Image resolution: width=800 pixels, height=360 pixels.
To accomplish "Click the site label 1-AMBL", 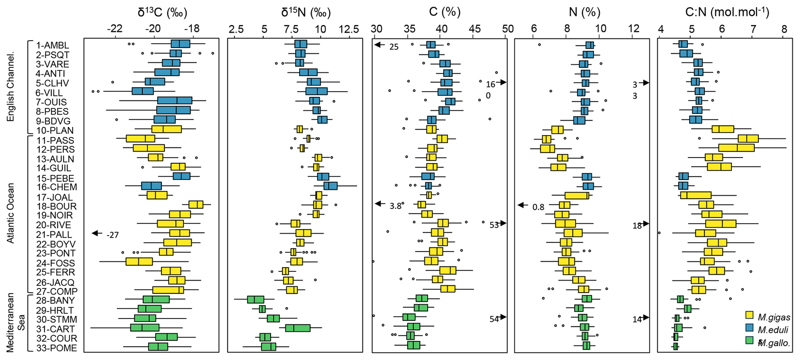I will (x=52, y=45).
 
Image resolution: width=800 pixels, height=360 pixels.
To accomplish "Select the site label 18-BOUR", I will (x=57, y=206).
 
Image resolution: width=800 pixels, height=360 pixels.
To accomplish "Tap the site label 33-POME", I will (x=57, y=348).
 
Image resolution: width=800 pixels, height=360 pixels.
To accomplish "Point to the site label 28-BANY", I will (x=55, y=300).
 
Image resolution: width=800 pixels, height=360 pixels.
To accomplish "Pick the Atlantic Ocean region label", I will (x=10, y=213).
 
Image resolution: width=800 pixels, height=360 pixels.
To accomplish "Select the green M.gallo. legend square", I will (x=749, y=340).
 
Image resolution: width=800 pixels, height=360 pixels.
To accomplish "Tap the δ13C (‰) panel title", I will (x=163, y=12).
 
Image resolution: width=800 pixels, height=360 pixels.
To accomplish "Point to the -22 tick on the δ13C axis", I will (x=115, y=29).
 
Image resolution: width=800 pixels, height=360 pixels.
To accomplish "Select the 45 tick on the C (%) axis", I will (x=475, y=29).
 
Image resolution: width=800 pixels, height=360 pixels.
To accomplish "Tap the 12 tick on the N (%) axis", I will (x=633, y=29).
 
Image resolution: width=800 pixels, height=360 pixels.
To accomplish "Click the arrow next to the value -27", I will (x=97, y=233).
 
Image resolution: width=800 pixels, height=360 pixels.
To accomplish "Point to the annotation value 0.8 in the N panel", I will (x=538, y=207).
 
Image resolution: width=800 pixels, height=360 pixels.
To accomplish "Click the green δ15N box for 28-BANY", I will (x=255, y=300).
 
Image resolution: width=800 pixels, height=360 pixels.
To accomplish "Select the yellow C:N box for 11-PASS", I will (x=748, y=139).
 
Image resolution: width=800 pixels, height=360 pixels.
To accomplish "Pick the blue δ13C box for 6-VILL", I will (x=142, y=91).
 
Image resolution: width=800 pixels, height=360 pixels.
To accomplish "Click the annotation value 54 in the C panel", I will (x=494, y=319).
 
